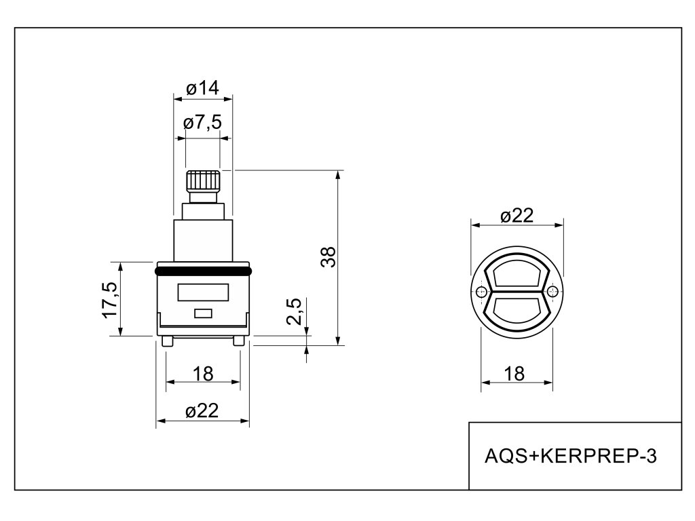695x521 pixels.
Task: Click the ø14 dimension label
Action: [202, 88]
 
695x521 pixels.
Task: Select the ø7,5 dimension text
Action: [202, 123]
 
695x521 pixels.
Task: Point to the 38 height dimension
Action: [328, 258]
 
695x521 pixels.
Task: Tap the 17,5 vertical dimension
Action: [110, 299]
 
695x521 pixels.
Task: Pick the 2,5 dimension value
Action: [295, 312]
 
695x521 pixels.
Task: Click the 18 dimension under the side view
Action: [203, 373]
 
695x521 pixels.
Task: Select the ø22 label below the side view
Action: [203, 411]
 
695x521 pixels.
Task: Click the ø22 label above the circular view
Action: [517, 216]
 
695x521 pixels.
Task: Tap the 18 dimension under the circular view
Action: [515, 373]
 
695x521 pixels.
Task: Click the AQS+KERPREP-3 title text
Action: [571, 456]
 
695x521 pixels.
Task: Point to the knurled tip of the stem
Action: [203, 181]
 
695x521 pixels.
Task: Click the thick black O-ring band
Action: [203, 271]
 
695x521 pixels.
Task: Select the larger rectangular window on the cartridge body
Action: [203, 293]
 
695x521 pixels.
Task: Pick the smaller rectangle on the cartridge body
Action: [203, 313]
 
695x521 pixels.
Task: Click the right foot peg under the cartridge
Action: [238, 341]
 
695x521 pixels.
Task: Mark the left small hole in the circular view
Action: [481, 292]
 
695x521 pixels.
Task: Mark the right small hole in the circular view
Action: [552, 292]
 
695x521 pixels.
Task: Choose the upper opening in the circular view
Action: [516, 276]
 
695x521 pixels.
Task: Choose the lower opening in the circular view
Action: [516, 310]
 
